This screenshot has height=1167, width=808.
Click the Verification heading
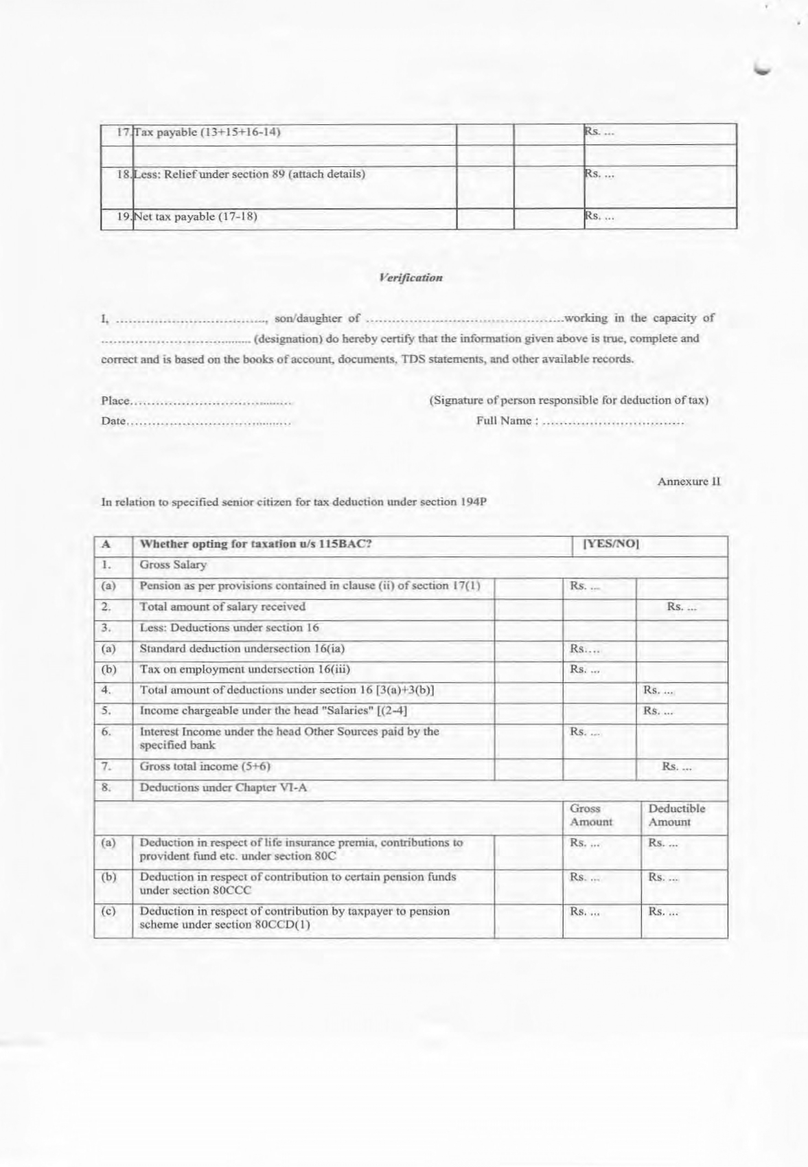click(x=410, y=278)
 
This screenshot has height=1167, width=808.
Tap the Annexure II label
click(x=689, y=481)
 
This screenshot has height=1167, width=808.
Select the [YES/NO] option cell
click(x=610, y=545)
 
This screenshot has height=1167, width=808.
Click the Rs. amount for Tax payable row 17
click(x=599, y=133)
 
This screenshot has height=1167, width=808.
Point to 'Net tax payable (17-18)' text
click(x=196, y=217)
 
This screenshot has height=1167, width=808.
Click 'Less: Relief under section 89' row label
click(x=249, y=174)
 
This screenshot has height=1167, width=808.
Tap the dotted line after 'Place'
click(x=211, y=401)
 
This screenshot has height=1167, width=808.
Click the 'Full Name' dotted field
click(x=612, y=422)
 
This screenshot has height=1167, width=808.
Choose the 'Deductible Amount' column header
click(x=676, y=815)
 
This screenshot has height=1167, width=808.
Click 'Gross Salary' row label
click(x=173, y=565)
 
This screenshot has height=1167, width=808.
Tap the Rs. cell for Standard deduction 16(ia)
click(x=585, y=649)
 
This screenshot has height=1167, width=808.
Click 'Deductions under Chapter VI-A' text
click(x=223, y=788)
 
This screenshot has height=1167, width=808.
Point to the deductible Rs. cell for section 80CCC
click(x=663, y=877)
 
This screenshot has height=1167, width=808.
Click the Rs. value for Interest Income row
click(x=585, y=732)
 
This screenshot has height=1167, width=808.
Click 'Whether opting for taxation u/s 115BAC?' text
click(x=255, y=545)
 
